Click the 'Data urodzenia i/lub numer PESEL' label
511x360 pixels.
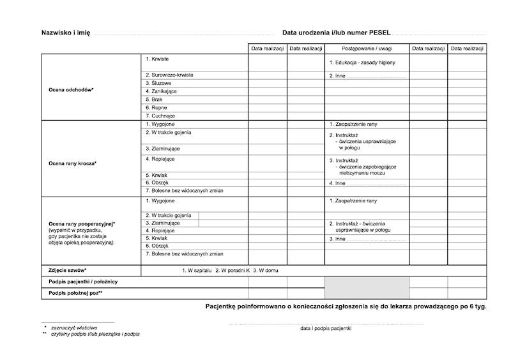pyautogui.click(x=336, y=33)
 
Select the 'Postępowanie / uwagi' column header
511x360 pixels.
pyautogui.click(x=367, y=49)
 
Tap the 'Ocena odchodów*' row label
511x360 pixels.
pyautogui.click(x=71, y=90)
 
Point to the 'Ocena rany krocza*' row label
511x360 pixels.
pyautogui.click(x=72, y=163)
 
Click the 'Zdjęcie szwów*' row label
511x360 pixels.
pyautogui.click(x=67, y=271)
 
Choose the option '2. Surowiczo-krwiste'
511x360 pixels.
pyautogui.click(x=169, y=75)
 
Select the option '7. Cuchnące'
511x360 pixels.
pyautogui.click(x=160, y=116)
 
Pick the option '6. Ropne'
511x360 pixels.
pyautogui.click(x=156, y=108)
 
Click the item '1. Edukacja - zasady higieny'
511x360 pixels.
pyautogui.click(x=362, y=63)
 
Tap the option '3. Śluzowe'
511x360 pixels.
pyautogui.click(x=159, y=83)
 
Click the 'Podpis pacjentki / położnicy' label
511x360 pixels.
pyautogui.click(x=83, y=281)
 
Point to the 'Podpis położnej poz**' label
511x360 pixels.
pyautogui.click(x=75, y=293)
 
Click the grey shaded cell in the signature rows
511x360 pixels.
pyautogui.click(x=367, y=287)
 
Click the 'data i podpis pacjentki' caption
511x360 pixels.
pyautogui.click(x=325, y=328)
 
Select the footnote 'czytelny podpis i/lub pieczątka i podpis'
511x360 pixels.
pyautogui.click(x=95, y=334)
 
